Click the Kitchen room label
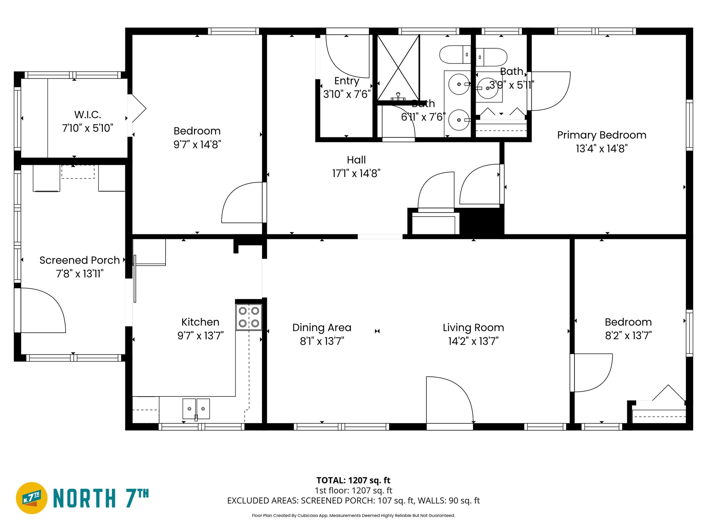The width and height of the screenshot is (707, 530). pyautogui.click(x=200, y=322)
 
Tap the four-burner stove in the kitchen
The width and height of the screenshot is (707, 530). pyautogui.click(x=249, y=317)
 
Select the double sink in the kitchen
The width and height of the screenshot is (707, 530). pyautogui.click(x=196, y=409)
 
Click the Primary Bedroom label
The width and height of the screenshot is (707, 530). pyautogui.click(x=601, y=135)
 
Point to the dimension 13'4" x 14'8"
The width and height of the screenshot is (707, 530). pyautogui.click(x=601, y=149)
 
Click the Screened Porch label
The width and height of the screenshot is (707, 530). pyautogui.click(x=79, y=260)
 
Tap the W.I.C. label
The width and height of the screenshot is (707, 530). pyautogui.click(x=87, y=115)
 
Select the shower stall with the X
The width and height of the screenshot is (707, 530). pyautogui.click(x=398, y=67)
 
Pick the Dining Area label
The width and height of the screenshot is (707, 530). pyautogui.click(x=322, y=327)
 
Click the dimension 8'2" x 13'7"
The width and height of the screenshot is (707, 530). pyautogui.click(x=628, y=335)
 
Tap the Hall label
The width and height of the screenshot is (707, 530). pyautogui.click(x=356, y=160)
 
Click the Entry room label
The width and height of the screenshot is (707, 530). pyautogui.click(x=347, y=81)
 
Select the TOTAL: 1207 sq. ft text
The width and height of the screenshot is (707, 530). pyautogui.click(x=353, y=480)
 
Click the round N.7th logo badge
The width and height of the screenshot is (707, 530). pyautogui.click(x=31, y=498)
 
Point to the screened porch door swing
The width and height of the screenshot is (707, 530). pyautogui.click(x=41, y=311)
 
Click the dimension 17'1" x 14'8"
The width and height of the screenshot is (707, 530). pyautogui.click(x=356, y=173)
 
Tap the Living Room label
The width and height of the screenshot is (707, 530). pyautogui.click(x=473, y=327)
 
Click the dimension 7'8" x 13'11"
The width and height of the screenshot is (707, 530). pyautogui.click(x=79, y=274)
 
